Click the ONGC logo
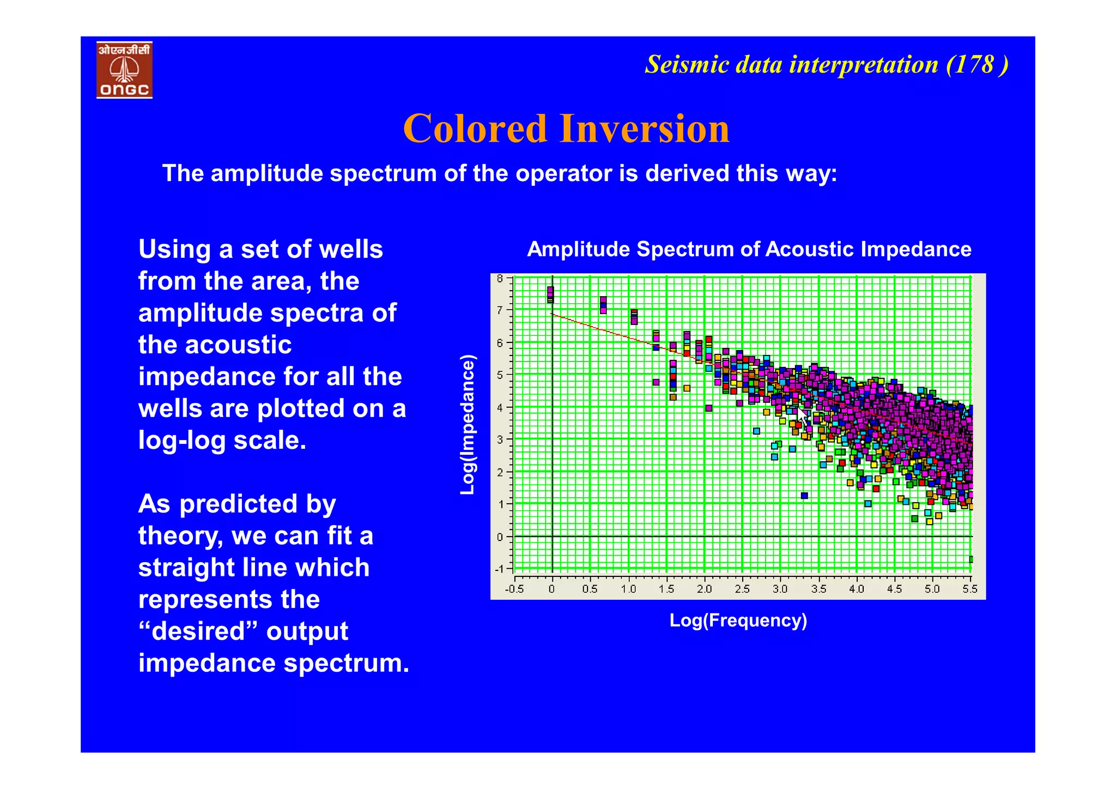click(124, 70)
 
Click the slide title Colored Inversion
click(566, 129)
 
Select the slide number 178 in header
click(975, 64)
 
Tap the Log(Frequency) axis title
click(738, 621)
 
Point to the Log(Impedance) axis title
click(468, 425)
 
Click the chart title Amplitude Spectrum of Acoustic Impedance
click(749, 249)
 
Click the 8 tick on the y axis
click(500, 279)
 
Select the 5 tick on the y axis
click(500, 375)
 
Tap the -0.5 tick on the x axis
click(514, 589)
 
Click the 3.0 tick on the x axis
click(780, 589)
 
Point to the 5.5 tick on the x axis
click(969, 589)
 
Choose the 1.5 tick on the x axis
click(666, 589)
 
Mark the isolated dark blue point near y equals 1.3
click(804, 496)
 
